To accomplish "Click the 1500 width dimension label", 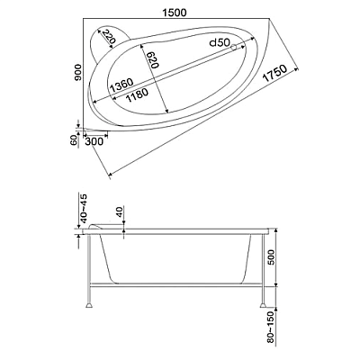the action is pyautogui.click(x=175, y=13).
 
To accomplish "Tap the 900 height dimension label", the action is pyautogui.click(x=78, y=72).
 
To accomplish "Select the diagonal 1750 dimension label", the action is pyautogui.click(x=274, y=74).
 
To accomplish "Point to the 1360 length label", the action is pyautogui.click(x=121, y=85).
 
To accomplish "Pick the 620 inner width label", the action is pyautogui.click(x=152, y=59).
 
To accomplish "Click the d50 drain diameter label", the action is pyautogui.click(x=220, y=42).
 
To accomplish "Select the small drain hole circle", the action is pyautogui.click(x=233, y=48).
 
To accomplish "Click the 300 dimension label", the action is pyautogui.click(x=94, y=141).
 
